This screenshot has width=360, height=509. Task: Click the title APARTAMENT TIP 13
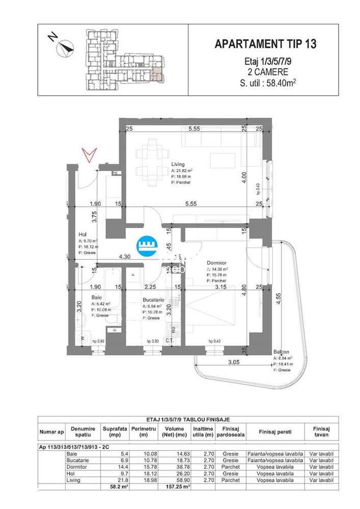click(265, 44)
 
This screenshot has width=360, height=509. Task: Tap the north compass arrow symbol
click(65, 48)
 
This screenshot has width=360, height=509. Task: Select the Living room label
click(178, 164)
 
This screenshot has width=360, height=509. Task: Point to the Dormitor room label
click(213, 263)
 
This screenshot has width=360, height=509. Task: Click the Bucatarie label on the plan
click(153, 300)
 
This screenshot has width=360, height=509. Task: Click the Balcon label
click(281, 352)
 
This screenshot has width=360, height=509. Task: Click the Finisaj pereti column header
click(274, 432)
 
